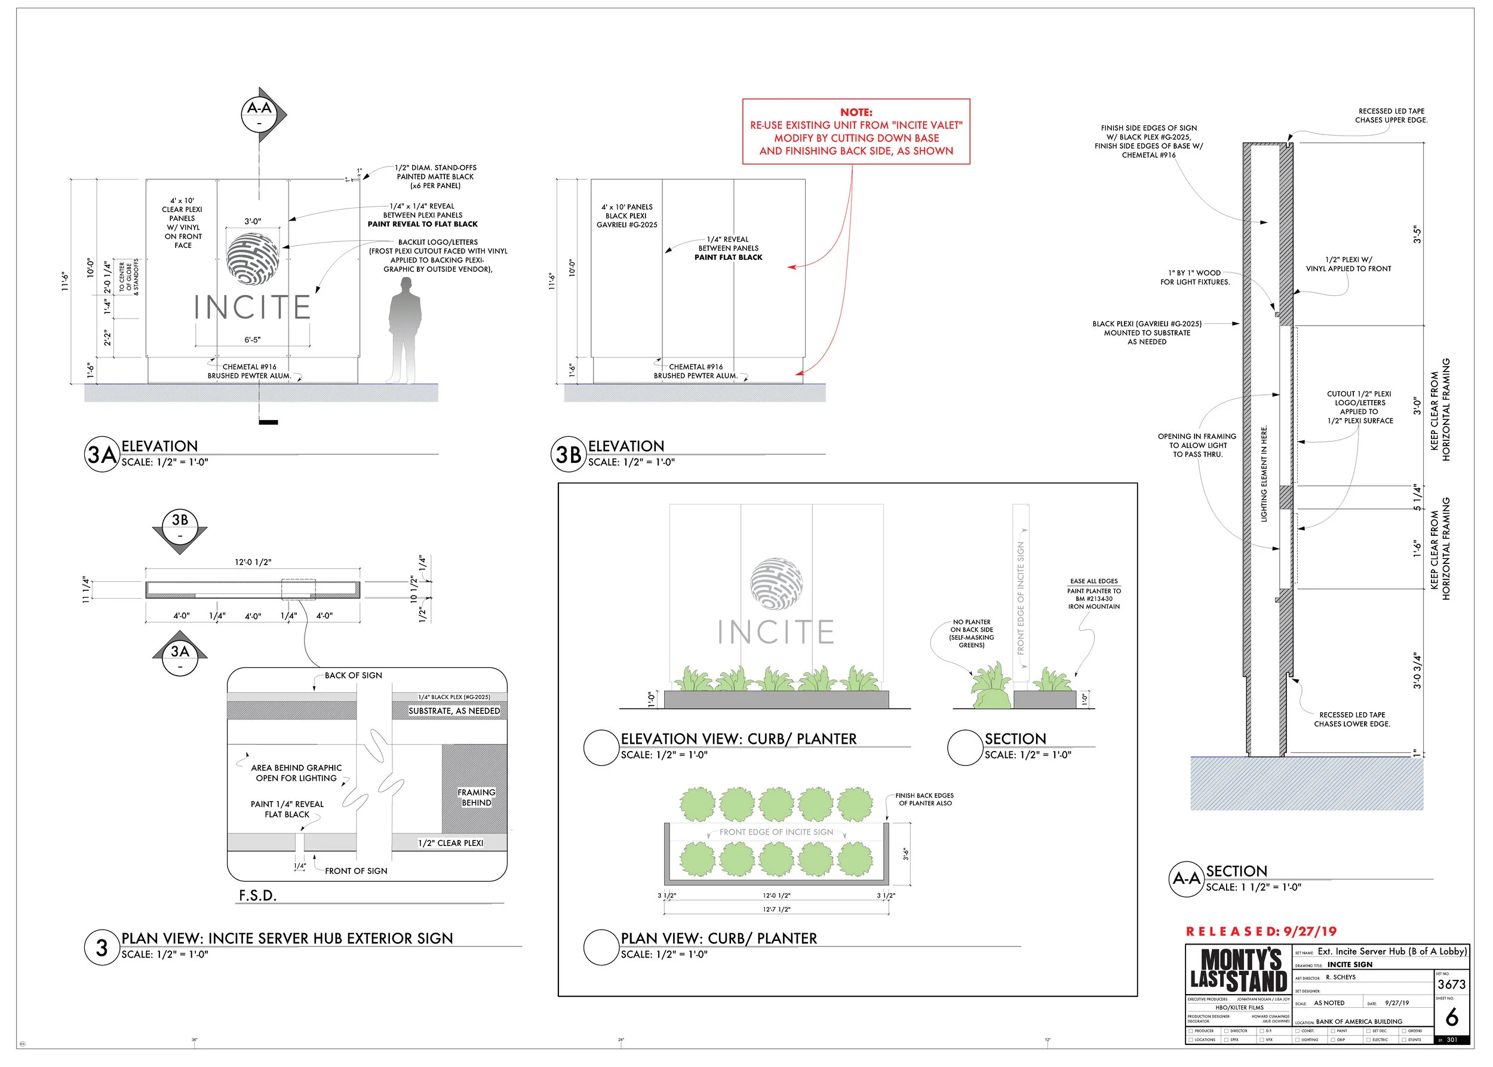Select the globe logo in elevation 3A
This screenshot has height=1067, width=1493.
tap(252, 259)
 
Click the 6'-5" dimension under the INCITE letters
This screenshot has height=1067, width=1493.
tap(252, 340)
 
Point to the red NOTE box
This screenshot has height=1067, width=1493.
tap(855, 131)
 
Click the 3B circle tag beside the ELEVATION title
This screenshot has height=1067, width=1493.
tap(568, 454)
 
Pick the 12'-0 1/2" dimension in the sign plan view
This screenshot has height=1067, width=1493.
tap(253, 562)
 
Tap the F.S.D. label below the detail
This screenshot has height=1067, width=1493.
tap(257, 896)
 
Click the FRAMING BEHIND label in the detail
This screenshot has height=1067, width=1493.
tap(476, 798)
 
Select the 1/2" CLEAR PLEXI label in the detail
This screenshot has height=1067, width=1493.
tap(451, 843)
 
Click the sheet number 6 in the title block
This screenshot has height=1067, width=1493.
tap(1452, 1018)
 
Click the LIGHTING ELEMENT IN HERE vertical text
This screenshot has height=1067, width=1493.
tap(1264, 474)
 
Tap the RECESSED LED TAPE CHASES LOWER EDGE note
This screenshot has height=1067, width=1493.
tap(1352, 719)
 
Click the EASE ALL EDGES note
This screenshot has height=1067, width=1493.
tap(1093, 581)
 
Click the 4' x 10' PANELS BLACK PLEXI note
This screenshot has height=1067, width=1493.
tap(626, 216)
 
